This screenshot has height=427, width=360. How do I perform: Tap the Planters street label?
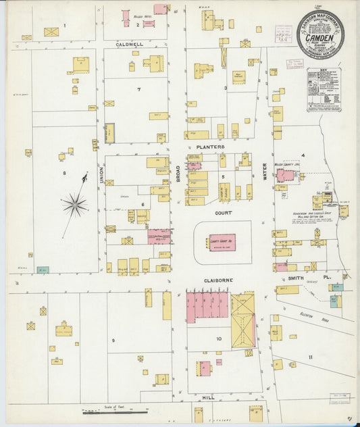click(x=210, y=146)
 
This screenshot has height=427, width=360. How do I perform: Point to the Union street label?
click(x=102, y=176)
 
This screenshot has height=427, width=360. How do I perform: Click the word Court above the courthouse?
click(x=224, y=211)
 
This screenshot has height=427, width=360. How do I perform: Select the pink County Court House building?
click(x=222, y=240)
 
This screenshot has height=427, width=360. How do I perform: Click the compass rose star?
click(x=75, y=203)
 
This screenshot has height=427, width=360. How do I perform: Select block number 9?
click(x=113, y=340)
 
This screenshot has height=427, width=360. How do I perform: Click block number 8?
click(x=65, y=173)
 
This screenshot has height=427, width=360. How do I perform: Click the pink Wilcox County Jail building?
click(x=286, y=176)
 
